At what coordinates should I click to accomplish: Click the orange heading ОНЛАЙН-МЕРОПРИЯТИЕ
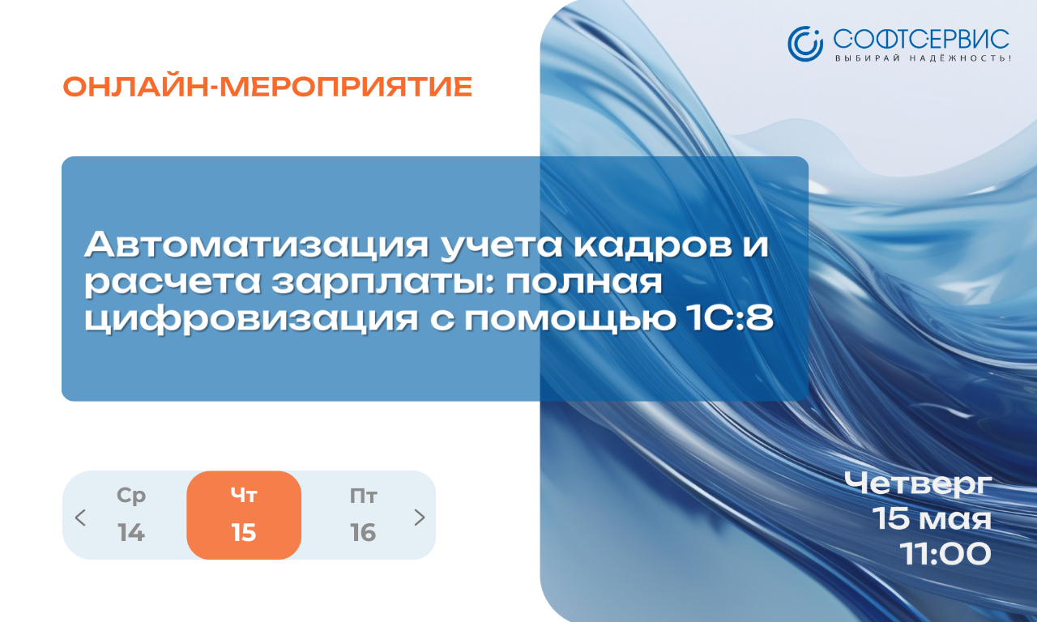coord(267,87)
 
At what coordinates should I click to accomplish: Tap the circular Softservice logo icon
coord(805,44)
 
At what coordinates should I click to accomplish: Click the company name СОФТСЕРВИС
coord(921,40)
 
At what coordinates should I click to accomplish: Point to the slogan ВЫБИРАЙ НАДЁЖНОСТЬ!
coord(923,58)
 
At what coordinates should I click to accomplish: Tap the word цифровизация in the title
coord(251,319)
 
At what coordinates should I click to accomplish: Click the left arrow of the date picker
coord(80,518)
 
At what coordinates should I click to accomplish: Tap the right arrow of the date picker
coord(420,518)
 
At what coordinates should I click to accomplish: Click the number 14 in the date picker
coord(131,532)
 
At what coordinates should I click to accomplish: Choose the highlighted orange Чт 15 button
coord(244,515)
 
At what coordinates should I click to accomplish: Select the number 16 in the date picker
coord(363,532)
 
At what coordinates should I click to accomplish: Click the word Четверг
coord(918,484)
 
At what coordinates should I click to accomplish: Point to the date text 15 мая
coord(932,519)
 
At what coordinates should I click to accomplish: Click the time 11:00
coord(945,554)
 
